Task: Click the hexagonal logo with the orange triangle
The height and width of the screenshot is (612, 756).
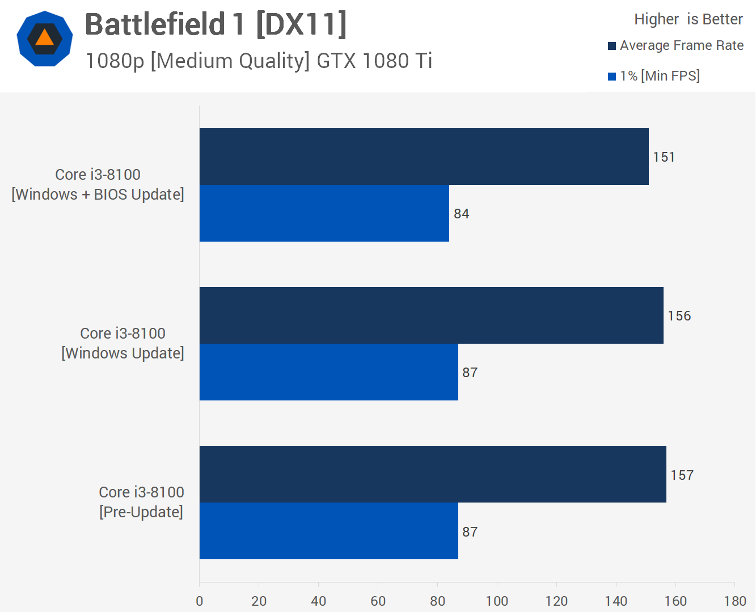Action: [x=45, y=39]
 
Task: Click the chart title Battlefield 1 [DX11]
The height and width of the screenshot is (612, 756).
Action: [x=216, y=25]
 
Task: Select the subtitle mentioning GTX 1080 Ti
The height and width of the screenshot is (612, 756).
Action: [x=259, y=61]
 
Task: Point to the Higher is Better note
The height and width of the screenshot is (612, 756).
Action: [x=688, y=19]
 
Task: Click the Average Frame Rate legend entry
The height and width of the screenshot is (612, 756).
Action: [x=675, y=45]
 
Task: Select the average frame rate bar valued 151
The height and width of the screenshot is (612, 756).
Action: [x=424, y=157]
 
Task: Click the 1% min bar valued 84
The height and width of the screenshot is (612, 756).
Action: [x=324, y=213]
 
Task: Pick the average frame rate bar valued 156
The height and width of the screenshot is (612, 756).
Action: [x=431, y=315]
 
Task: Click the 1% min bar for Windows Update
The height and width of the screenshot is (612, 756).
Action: [x=328, y=372]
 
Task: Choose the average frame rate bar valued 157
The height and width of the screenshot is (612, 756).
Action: [x=433, y=474]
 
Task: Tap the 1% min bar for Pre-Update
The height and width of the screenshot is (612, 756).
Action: [x=328, y=531]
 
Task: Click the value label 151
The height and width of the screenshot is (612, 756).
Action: [x=664, y=157]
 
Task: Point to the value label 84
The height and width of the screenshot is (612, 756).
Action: [x=461, y=214]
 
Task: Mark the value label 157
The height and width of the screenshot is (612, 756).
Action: [x=682, y=475]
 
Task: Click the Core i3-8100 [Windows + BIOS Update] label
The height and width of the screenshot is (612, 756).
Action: [x=98, y=184]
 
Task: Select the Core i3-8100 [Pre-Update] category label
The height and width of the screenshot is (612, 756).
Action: [x=141, y=502]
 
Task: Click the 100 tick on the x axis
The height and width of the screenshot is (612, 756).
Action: [x=497, y=601]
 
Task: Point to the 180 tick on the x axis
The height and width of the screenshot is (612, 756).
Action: [x=735, y=601]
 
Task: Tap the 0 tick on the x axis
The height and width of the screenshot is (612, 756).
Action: [x=199, y=601]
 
